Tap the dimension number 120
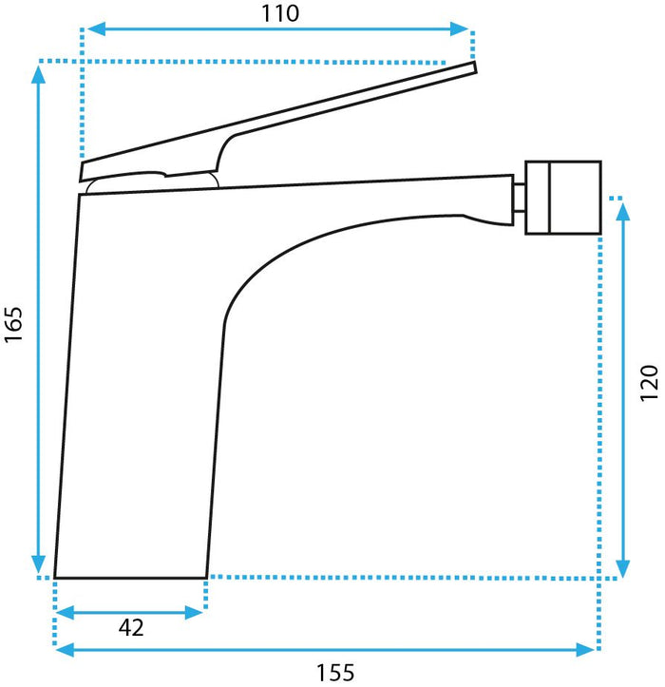pyautogui.click(x=648, y=383)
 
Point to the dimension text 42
pyautogui.click(x=131, y=628)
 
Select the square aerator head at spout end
pyautogui.click(x=564, y=197)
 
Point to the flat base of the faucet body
pyautogui.click(x=130, y=576)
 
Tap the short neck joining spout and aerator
pyautogui.click(x=520, y=196)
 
